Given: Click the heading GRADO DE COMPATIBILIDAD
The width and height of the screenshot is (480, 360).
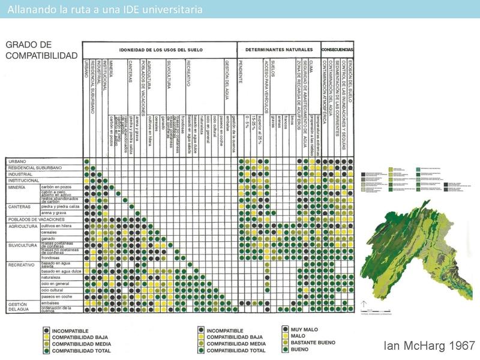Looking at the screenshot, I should (41, 50).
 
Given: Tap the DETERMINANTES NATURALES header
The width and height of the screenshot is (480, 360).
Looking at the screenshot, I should (279, 49).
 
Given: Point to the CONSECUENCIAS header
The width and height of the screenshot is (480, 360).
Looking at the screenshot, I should (338, 49).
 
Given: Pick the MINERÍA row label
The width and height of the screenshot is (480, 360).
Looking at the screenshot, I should (17, 187).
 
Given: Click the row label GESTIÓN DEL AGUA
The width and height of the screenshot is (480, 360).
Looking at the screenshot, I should (18, 307).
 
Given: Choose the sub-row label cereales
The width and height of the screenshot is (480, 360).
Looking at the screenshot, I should (50, 232).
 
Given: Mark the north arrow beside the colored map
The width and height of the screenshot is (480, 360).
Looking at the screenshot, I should (364, 306).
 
